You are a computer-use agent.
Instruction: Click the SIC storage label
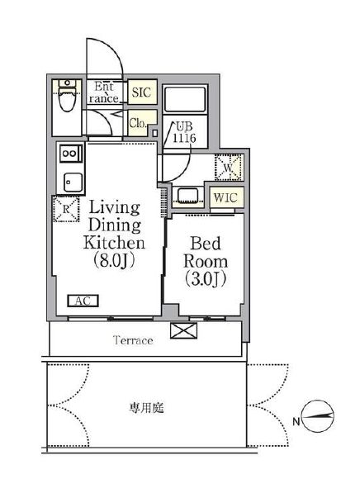click(141, 92)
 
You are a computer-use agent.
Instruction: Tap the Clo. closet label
click(139, 123)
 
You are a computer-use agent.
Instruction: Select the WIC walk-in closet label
click(225, 197)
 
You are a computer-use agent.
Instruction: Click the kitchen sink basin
click(73, 183)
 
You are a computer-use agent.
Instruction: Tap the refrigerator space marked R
click(66, 209)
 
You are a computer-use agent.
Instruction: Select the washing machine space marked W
click(229, 168)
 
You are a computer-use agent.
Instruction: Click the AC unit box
click(83, 301)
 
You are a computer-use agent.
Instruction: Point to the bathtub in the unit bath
click(185, 99)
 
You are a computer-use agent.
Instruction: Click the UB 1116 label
click(184, 133)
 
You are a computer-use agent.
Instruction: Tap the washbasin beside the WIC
click(188, 196)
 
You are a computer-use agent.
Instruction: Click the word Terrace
click(133, 340)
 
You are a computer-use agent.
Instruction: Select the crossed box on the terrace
click(183, 330)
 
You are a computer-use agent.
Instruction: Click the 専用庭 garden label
click(146, 408)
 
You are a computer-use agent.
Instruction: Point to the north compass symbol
click(318, 416)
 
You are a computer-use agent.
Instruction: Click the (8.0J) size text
click(114, 261)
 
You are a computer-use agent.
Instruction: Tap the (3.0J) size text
click(206, 278)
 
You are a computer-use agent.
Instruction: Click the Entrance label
click(103, 92)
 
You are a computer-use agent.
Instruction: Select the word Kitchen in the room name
click(114, 243)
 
